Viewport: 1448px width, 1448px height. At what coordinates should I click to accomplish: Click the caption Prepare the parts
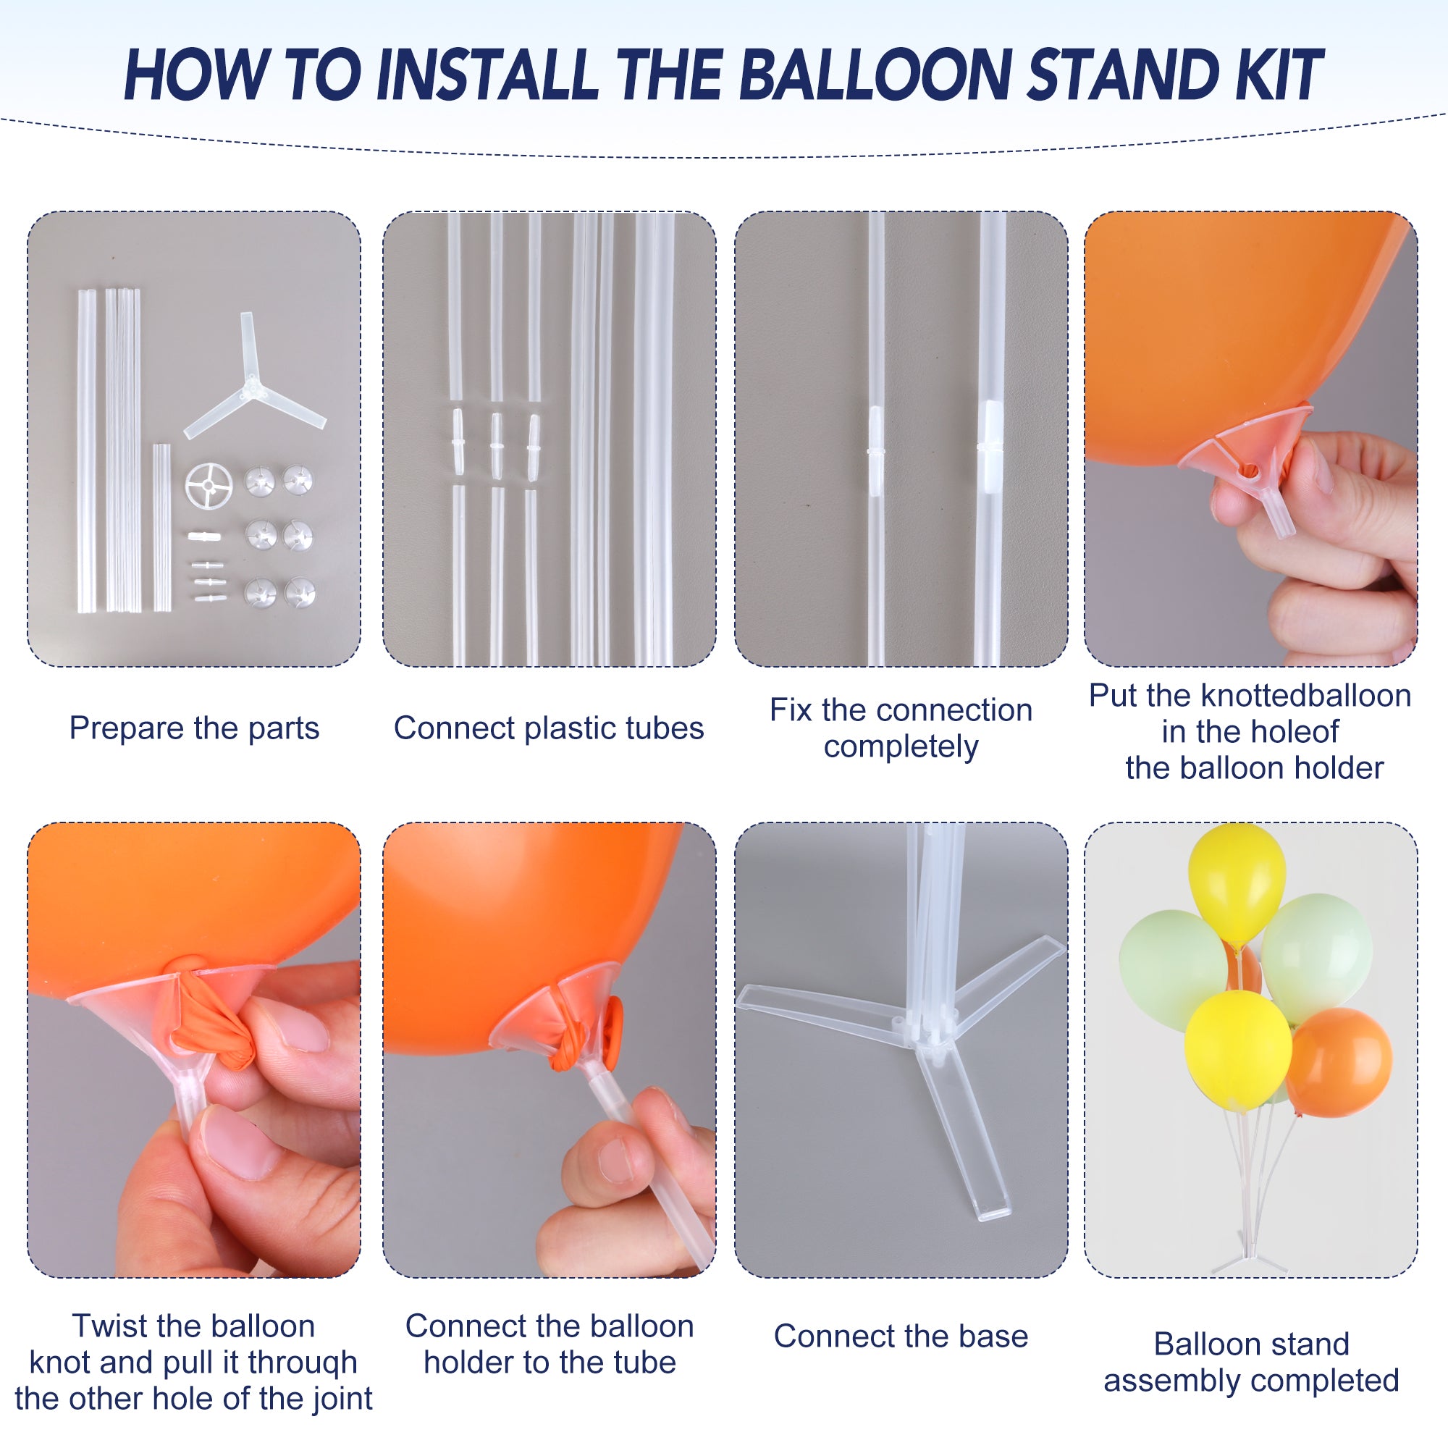tap(194, 728)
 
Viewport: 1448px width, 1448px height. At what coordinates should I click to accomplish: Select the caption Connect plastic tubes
tap(549, 728)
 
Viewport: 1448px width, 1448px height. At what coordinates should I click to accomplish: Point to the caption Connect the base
tap(901, 1336)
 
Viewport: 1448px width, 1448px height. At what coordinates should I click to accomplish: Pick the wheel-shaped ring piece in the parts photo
tap(209, 487)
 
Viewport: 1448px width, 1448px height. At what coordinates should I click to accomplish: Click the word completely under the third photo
tap(901, 746)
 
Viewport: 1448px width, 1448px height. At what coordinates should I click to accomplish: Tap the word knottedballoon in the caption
tap(1305, 696)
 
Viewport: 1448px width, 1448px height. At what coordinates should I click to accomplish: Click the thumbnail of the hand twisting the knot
tap(194, 1049)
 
